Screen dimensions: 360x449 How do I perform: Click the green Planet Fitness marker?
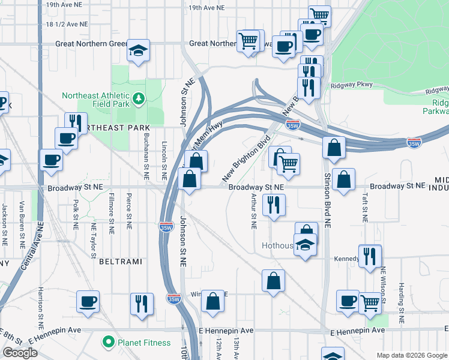(109, 343)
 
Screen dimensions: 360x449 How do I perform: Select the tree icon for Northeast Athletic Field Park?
(139, 97)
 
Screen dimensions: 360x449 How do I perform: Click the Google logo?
(20, 353)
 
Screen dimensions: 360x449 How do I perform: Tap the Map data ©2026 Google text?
(411, 355)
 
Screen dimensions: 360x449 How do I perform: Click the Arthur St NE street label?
(254, 211)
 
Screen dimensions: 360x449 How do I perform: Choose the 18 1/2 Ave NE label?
(63, 25)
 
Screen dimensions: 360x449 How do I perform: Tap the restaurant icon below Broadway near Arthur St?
(273, 205)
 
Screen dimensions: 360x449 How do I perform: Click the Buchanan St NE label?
(146, 160)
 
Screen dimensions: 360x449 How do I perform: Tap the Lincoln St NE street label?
(164, 161)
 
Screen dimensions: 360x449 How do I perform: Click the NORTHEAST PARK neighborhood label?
(117, 128)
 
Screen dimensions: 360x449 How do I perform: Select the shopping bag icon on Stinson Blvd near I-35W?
(334, 147)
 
